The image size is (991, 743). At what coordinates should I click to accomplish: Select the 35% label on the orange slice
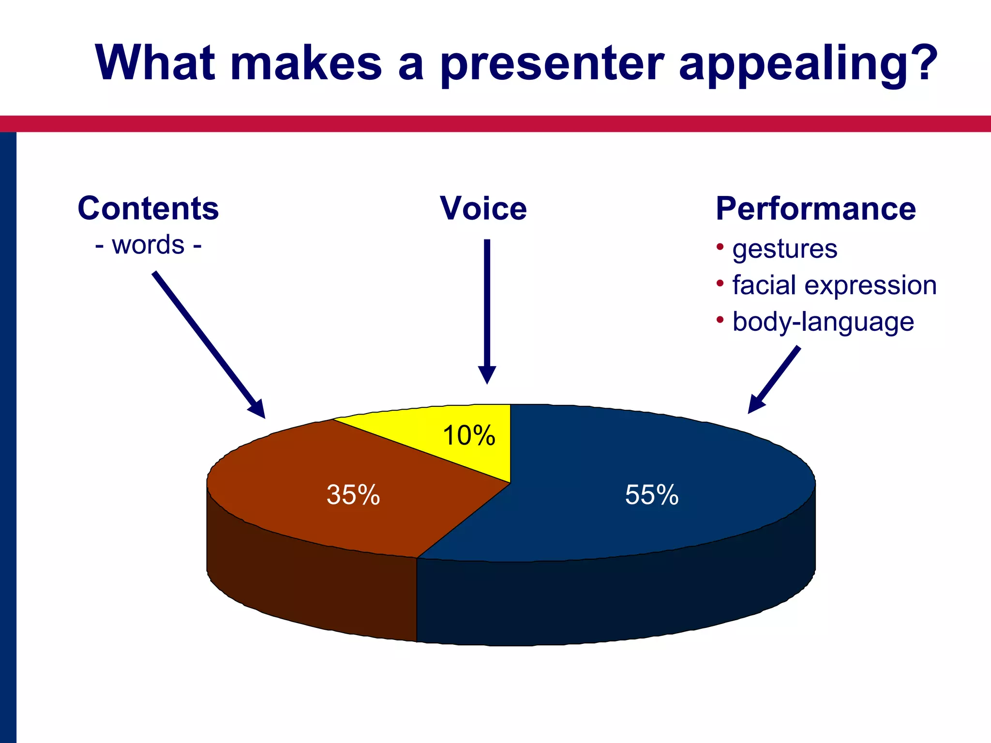pos(353,495)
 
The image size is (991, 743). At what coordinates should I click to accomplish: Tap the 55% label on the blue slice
pos(651,495)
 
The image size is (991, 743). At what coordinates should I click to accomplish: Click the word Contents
pos(148,208)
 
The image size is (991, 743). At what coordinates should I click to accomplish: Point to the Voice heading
pos(483,208)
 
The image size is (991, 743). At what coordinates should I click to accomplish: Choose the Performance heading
pos(816,208)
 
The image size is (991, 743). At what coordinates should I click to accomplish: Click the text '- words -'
pos(148,245)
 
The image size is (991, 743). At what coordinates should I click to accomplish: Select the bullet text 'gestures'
pos(784,250)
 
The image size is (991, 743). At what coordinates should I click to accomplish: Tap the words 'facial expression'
pos(834,285)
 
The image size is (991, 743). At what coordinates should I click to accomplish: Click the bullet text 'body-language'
pos(823,322)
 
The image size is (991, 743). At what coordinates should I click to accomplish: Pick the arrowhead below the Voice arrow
pos(487,374)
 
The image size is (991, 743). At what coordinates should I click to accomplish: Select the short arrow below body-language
pos(774,380)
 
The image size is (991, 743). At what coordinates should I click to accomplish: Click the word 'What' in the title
pos(155,63)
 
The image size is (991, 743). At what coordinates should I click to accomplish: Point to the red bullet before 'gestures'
pos(720,247)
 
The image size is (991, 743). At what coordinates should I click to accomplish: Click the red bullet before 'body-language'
pos(720,319)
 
